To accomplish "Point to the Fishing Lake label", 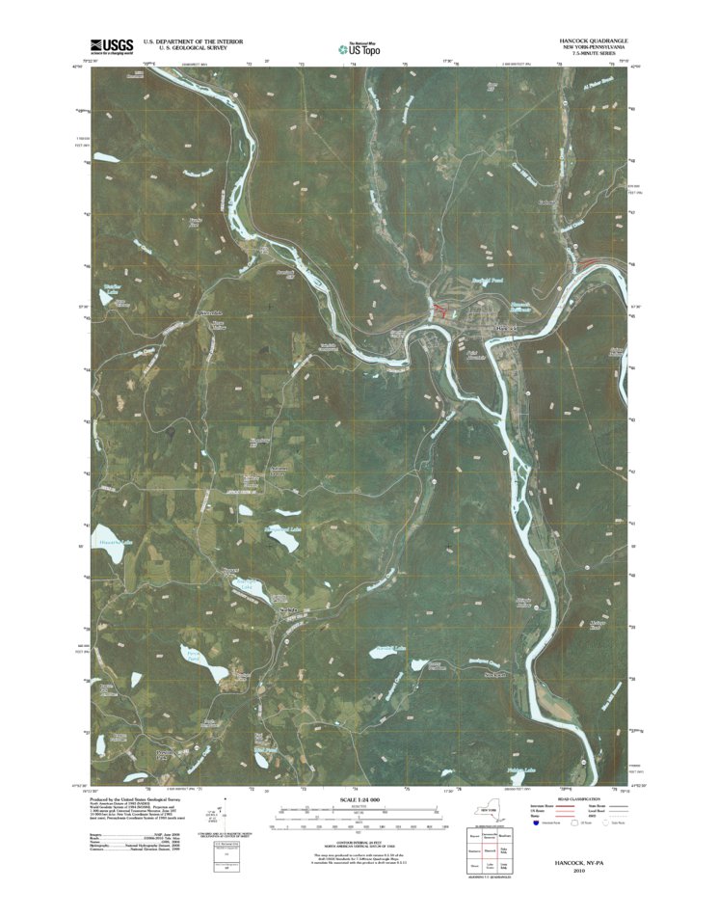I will [521, 769].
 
